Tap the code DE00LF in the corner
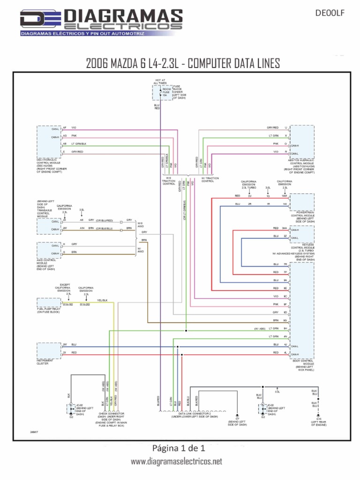[333, 14]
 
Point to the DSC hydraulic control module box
[48, 141]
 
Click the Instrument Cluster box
[48, 351]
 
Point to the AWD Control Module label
[46, 265]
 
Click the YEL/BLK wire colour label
[102, 300]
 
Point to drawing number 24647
[34, 431]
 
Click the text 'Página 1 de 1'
[180, 448]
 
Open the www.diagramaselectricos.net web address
[176, 462]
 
